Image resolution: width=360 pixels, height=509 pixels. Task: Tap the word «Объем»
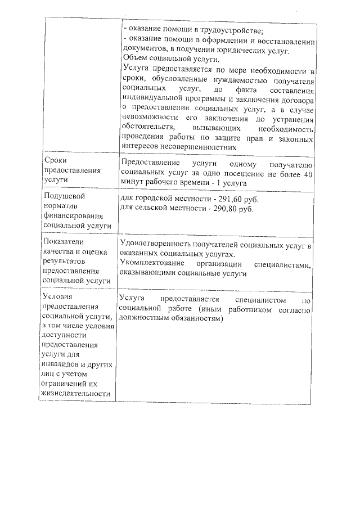coord(135,60)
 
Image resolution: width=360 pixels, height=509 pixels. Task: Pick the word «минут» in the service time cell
coord(132,184)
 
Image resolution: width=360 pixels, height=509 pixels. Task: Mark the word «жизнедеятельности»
coord(75,394)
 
